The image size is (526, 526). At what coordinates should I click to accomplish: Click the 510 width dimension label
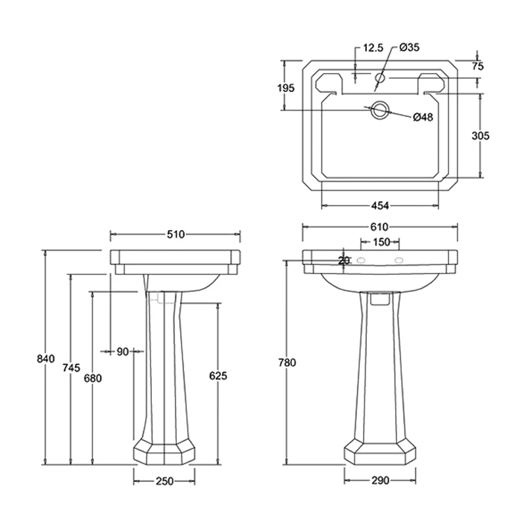click(174, 234)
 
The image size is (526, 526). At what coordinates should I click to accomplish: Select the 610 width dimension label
click(379, 226)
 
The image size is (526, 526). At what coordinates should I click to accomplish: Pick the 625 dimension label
click(218, 375)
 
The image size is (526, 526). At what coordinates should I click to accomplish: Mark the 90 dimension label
click(122, 352)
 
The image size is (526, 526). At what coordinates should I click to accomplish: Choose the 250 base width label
click(164, 481)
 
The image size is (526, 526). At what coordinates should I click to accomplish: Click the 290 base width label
click(380, 480)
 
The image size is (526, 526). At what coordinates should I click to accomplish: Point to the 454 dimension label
click(380, 204)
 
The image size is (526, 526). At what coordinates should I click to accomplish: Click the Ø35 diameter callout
click(409, 47)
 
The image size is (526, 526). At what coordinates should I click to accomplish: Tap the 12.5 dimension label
click(372, 48)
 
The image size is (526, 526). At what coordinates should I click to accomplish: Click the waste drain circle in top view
click(379, 110)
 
